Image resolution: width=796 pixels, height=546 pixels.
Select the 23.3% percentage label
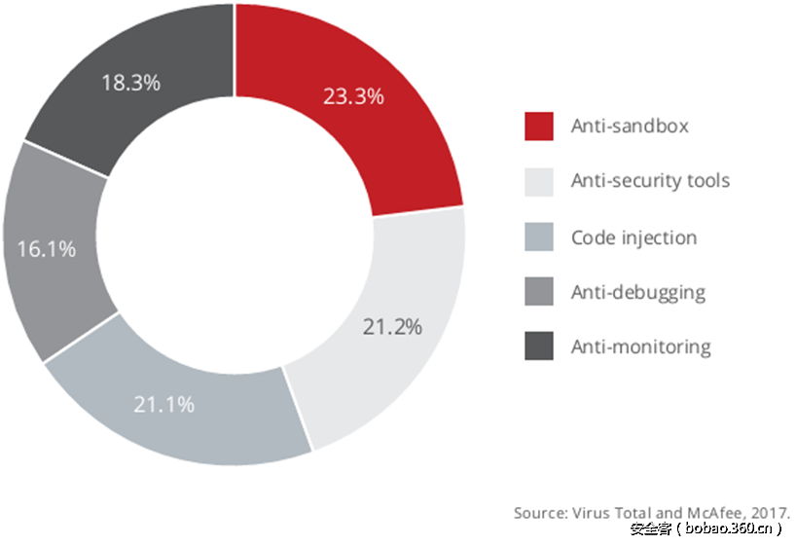pyautogui.click(x=353, y=96)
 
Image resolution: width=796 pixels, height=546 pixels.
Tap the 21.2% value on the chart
pyautogui.click(x=392, y=327)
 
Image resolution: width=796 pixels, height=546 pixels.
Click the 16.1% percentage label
pyautogui.click(x=47, y=249)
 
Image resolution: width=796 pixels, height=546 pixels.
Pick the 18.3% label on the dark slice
pyautogui.click(x=130, y=83)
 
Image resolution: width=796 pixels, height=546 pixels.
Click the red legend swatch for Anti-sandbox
pyautogui.click(x=539, y=127)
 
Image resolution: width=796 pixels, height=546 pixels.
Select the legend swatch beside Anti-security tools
pyautogui.click(x=539, y=181)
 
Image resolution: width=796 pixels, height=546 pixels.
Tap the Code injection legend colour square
pyautogui.click(x=539, y=237)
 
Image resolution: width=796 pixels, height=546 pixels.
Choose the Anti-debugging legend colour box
pyautogui.click(x=539, y=291)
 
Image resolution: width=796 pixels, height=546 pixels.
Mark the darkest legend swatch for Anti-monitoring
pyautogui.click(x=539, y=346)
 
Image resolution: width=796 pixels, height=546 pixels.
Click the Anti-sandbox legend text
pyautogui.click(x=630, y=127)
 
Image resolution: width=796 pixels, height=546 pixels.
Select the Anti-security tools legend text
pyautogui.click(x=650, y=181)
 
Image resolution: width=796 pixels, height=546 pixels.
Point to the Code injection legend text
pyautogui.click(x=633, y=237)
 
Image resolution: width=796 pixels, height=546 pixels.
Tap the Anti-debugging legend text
pyautogui.click(x=638, y=291)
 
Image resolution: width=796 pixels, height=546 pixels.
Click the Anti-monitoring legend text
pyautogui.click(x=641, y=346)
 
